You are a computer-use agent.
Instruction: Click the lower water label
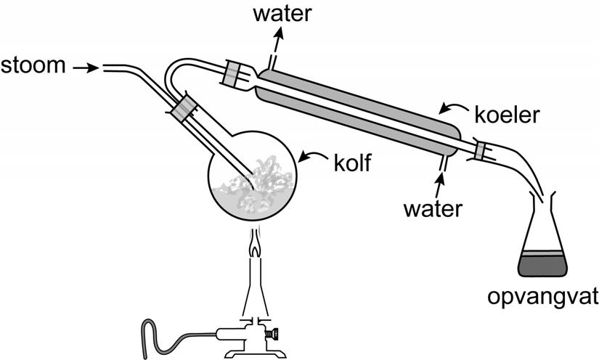point(434,209)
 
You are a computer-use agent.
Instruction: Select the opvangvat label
point(544,299)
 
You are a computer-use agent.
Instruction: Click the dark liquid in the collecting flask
point(543,265)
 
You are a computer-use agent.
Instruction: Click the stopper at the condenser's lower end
point(480,150)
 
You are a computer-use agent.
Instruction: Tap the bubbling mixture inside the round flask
point(252,185)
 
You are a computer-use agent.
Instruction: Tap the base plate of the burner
point(254,353)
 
